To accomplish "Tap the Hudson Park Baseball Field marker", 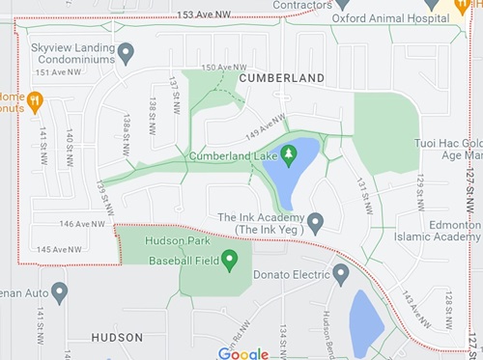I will point(230,260).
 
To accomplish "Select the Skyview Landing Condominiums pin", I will point(127,52).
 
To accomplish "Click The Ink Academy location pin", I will point(315,223).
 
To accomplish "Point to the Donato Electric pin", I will point(341,274).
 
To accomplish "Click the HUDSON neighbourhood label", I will point(117,338).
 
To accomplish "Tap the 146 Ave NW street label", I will point(81,224).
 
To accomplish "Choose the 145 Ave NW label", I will point(60,250).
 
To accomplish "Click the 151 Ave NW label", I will point(55,72).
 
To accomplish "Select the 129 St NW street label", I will point(420,192).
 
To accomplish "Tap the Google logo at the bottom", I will point(243,353).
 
